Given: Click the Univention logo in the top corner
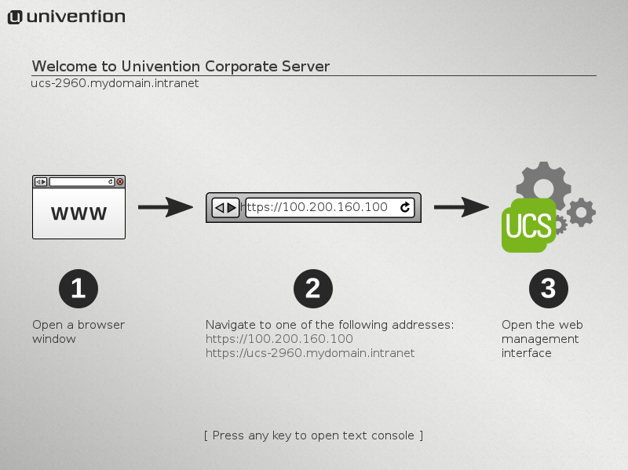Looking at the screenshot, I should tap(66, 16).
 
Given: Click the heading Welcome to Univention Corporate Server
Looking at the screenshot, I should tap(181, 66).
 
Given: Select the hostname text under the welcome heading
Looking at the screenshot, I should tap(115, 82).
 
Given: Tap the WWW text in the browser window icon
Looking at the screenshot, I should tap(78, 213).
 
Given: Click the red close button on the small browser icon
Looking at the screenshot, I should tap(120, 181).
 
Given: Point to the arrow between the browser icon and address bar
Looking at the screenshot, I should tap(165, 207).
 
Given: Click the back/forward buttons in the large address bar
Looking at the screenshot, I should tap(226, 207).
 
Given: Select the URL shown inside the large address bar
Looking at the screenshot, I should tap(317, 207).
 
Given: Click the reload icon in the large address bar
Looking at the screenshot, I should tap(405, 207).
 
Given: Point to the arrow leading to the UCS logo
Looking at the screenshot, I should tap(462, 207).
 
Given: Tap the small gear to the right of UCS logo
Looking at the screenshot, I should tap(581, 213).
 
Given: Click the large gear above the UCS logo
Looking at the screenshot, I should tap(542, 181).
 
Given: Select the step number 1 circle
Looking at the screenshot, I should tap(78, 289).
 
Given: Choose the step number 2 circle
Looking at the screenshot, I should tap(312, 289).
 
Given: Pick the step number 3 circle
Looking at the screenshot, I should tap(548, 289).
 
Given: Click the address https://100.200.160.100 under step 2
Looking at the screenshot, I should tap(279, 339).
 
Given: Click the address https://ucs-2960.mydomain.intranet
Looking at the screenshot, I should tap(310, 353).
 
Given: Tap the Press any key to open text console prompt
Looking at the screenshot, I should tap(313, 435).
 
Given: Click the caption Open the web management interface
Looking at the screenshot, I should tap(542, 339).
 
